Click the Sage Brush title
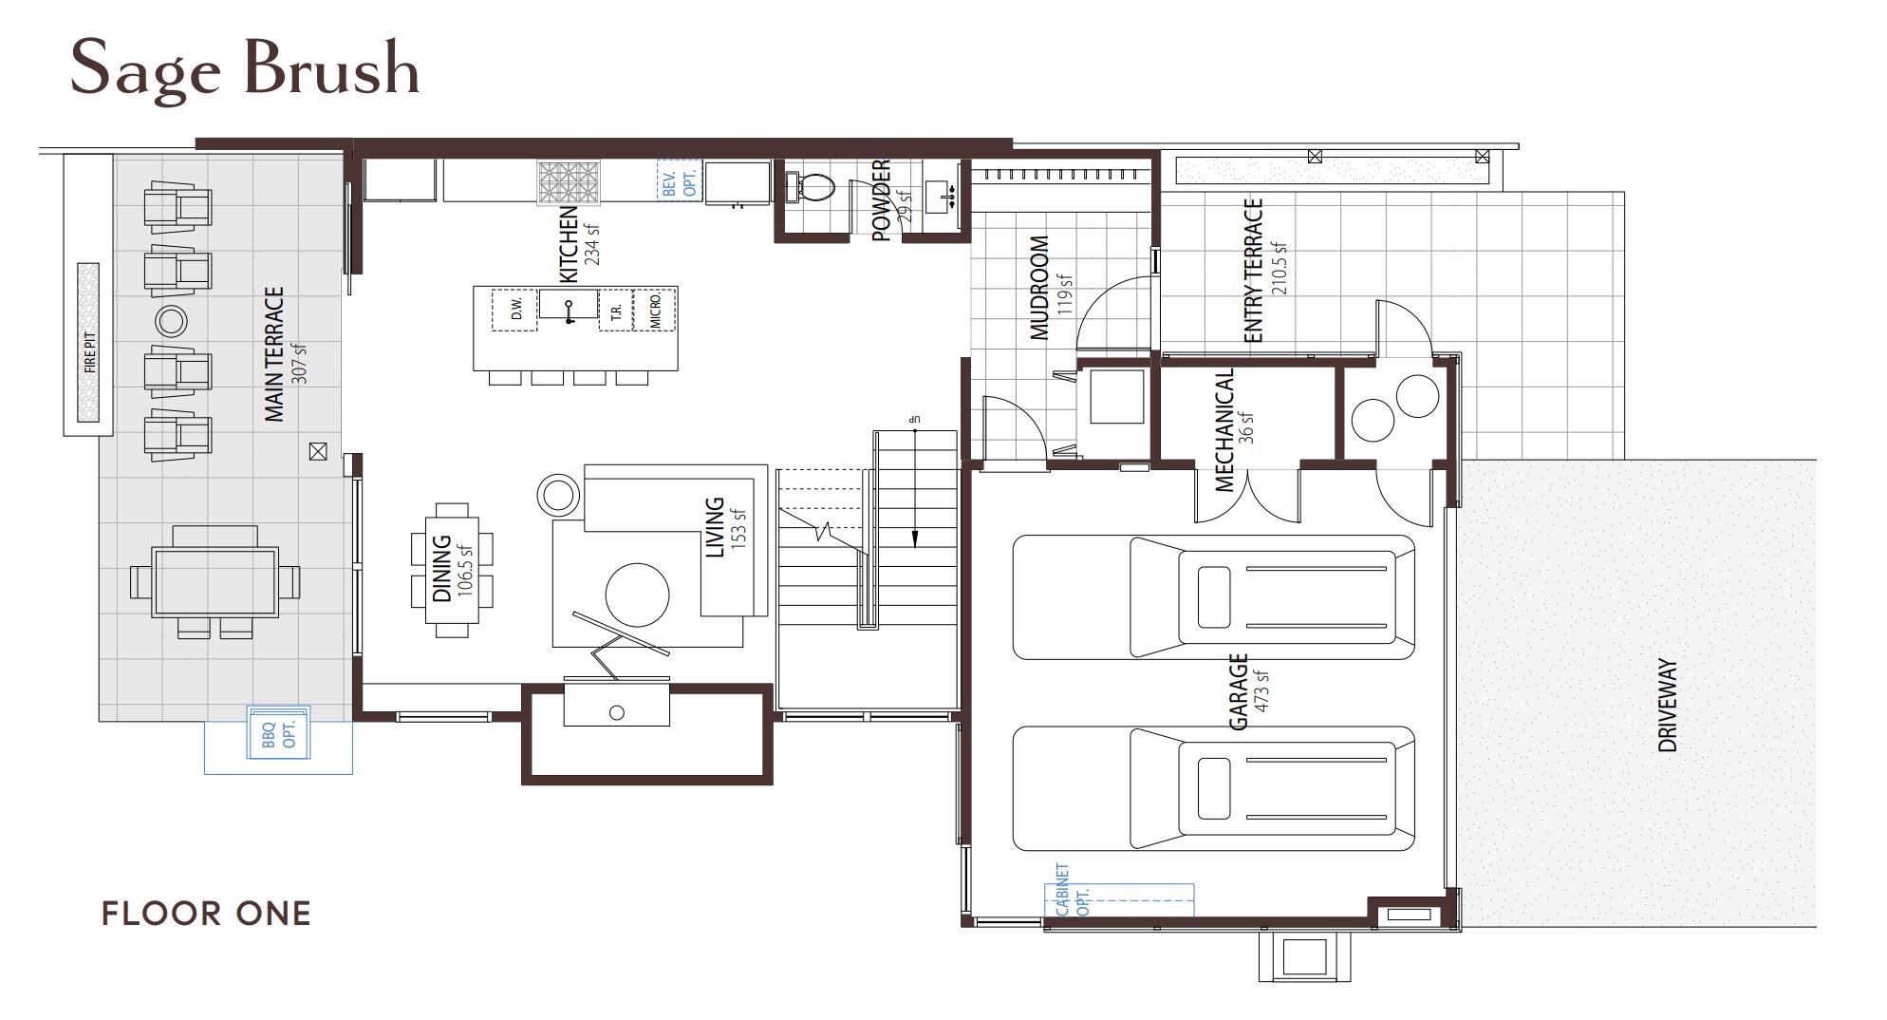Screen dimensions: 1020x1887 [x=244, y=68]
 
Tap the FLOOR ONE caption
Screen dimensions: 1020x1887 [x=206, y=914]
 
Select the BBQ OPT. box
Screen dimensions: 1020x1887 [x=278, y=732]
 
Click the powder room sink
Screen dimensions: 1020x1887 [x=941, y=197]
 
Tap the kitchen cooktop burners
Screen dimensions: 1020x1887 [x=570, y=183]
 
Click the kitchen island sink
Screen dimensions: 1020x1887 [x=569, y=306]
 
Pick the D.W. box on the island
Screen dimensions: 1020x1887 [x=516, y=311]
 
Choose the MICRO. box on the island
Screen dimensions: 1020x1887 [x=655, y=311]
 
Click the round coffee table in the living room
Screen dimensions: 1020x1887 [x=637, y=595]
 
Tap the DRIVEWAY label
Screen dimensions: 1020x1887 [x=1667, y=706]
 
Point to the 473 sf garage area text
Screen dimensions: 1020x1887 [x=1261, y=690]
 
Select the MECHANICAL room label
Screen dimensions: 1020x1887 [x=1224, y=430]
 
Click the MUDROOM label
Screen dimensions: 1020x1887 [x=1039, y=288]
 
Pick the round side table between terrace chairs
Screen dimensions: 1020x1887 [x=172, y=321]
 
